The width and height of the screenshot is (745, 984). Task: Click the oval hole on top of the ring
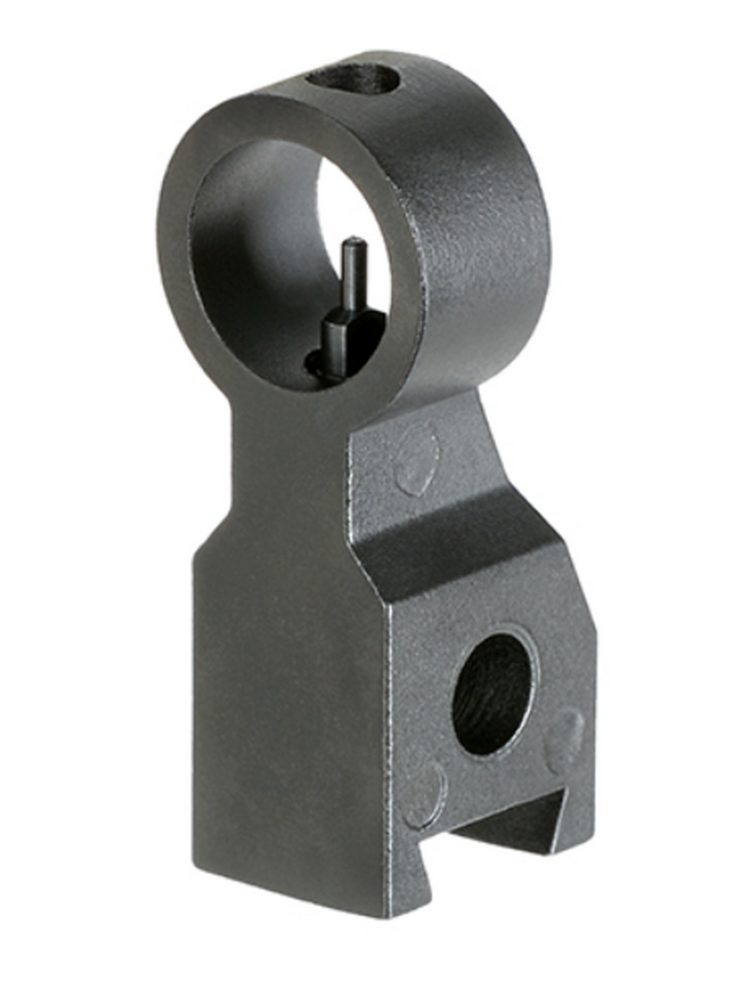(358, 79)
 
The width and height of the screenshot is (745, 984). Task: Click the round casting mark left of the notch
(424, 790)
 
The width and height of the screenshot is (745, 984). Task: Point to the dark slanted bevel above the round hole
(466, 559)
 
